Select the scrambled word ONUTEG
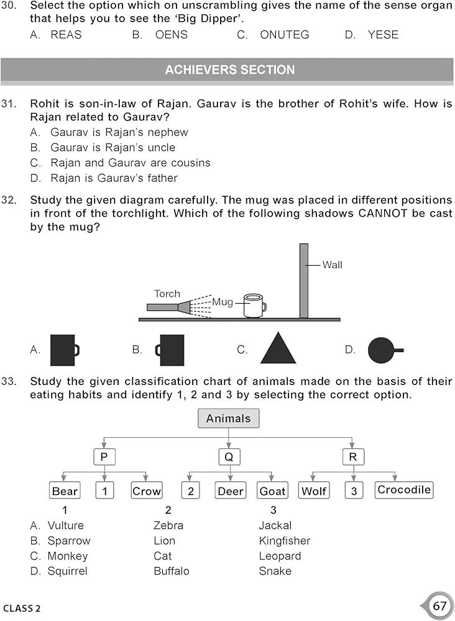click(284, 35)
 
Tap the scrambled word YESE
click(383, 35)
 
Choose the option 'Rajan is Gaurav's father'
click(114, 178)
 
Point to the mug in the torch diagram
click(254, 306)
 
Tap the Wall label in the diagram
click(332, 265)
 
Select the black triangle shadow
click(278, 348)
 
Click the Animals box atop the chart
click(228, 419)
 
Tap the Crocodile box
click(404, 490)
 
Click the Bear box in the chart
click(65, 491)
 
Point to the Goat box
click(272, 491)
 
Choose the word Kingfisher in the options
click(284, 541)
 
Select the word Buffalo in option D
click(171, 571)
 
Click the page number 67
click(439, 605)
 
